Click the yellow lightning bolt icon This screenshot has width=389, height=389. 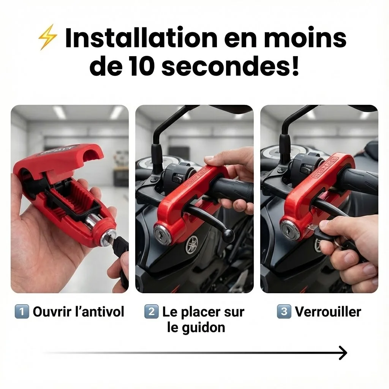point(48,37)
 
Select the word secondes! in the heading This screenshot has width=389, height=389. point(230,66)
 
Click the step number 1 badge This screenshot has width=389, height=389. point(22,312)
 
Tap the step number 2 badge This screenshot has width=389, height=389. point(151,312)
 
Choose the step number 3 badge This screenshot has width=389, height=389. point(284,312)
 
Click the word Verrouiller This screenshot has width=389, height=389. point(328,312)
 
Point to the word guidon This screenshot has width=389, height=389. point(204,328)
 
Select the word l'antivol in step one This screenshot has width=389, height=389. point(100,312)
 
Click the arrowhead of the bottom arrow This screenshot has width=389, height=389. point(343,353)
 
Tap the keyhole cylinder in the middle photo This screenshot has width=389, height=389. point(162,234)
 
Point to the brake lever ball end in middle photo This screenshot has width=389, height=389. point(228,235)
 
